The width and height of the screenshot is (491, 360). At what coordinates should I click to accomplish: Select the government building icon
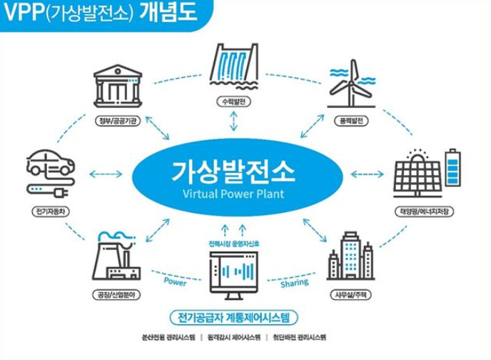[x=117, y=85]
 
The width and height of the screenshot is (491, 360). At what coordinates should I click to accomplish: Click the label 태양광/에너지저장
[x=424, y=212]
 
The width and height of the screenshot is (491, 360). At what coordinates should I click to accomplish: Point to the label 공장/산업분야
[x=117, y=294]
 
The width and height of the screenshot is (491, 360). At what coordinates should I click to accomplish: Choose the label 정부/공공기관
[x=117, y=121]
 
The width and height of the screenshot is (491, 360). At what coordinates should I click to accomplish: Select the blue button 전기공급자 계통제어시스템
[x=234, y=316]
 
